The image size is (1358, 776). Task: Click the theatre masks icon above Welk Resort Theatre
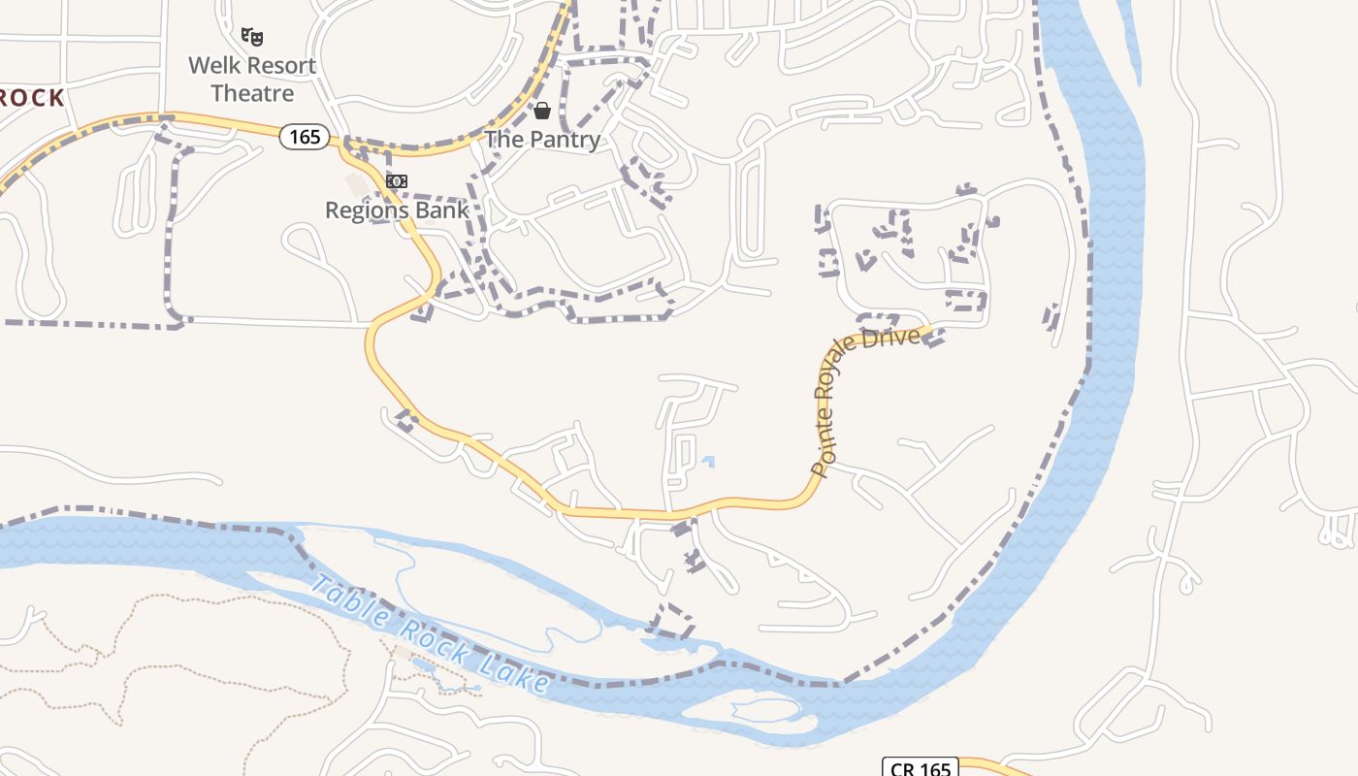252,37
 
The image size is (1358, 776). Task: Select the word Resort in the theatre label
279,66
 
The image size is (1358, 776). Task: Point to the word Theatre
252,93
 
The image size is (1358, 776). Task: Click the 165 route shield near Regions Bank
305,137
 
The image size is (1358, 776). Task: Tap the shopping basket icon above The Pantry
542,111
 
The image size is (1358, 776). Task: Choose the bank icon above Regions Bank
396,181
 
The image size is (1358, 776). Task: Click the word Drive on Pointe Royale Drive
897,337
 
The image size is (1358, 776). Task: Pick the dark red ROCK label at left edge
31,98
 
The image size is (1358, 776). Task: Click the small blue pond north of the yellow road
708,462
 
